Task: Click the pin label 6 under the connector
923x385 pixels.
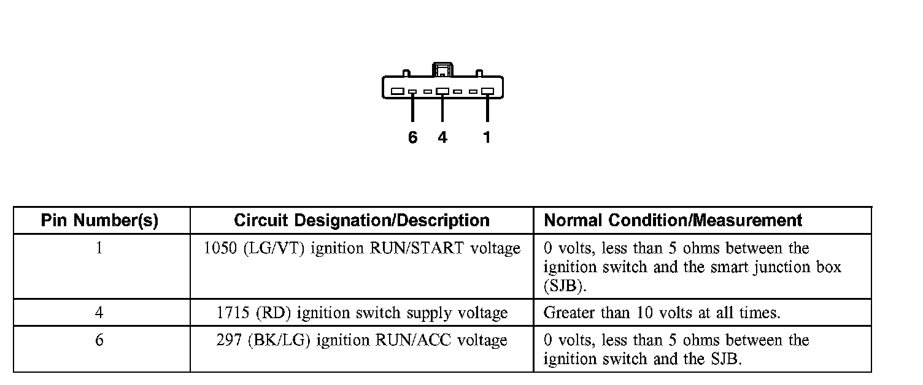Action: click(x=412, y=138)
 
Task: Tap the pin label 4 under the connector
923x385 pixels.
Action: click(x=442, y=138)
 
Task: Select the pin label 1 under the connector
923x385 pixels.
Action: click(x=487, y=138)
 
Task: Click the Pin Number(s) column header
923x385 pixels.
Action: click(x=99, y=221)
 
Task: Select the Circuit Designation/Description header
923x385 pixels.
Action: click(x=361, y=221)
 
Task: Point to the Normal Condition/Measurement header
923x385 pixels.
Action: click(x=673, y=221)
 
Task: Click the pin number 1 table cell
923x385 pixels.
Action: click(x=99, y=249)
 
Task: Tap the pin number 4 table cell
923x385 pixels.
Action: click(x=99, y=313)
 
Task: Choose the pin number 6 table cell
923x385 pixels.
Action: click(x=99, y=340)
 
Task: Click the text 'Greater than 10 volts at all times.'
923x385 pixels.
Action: click(x=662, y=313)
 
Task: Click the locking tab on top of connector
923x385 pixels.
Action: click(x=442, y=70)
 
